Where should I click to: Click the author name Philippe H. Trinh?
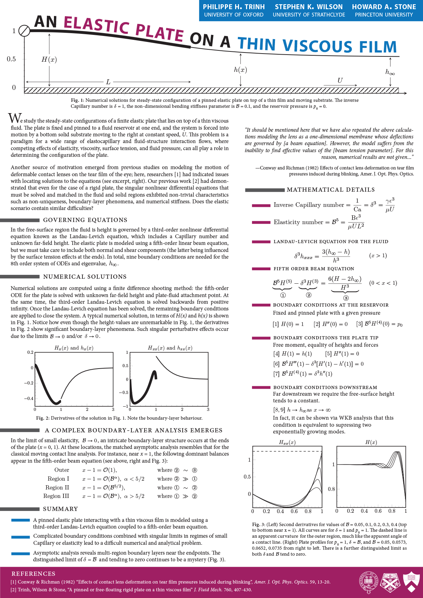[x=234, y=7]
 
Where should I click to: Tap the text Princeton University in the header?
[x=384, y=15]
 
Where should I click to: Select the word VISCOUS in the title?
[x=317, y=46]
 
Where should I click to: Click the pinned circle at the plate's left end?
[x=24, y=31]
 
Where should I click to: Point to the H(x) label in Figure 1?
[x=49, y=60]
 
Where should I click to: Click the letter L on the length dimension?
[x=108, y=82]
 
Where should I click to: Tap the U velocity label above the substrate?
[x=340, y=80]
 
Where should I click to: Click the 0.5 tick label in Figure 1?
[x=11, y=59]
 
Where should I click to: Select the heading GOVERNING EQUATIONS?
[x=85, y=220]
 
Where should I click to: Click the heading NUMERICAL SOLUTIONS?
[x=85, y=277]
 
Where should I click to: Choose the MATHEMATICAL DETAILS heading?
[x=331, y=190]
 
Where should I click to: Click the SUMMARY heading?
[x=60, y=509]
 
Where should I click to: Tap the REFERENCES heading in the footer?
[x=33, y=574]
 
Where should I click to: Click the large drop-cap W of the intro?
[x=15, y=118]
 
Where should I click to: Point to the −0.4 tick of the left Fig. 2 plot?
[x=29, y=399]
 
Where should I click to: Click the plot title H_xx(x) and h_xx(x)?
[x=170, y=348]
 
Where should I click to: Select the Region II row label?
[x=57, y=487]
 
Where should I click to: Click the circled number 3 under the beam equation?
[x=346, y=298]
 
